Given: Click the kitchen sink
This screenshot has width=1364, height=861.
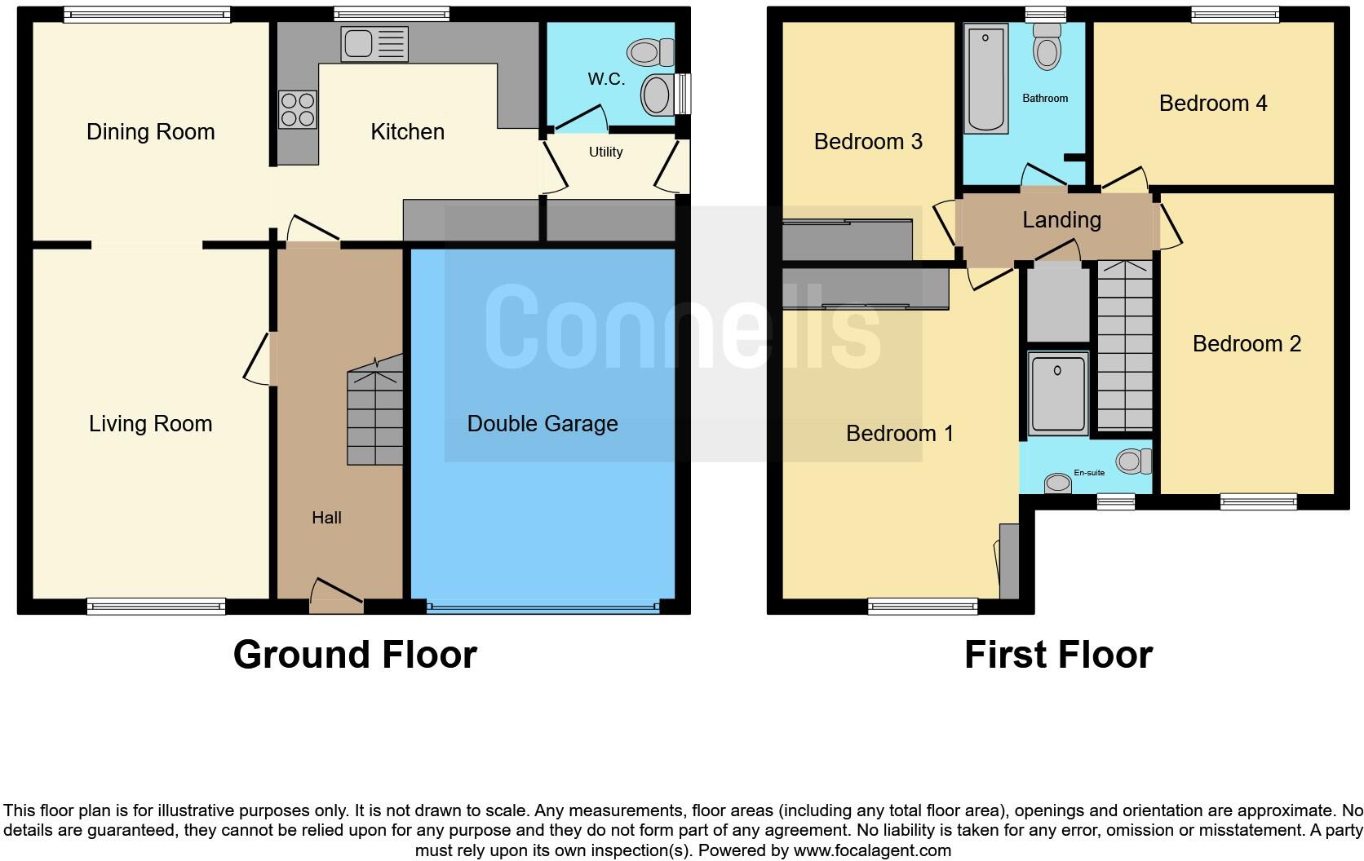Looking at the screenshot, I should coord(375,44).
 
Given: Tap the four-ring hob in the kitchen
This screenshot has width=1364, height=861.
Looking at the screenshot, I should coord(298,110).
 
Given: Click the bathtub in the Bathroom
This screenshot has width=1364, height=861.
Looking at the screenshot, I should coord(986,78).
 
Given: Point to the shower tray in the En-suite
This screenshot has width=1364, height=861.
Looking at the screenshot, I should coord(1058,392).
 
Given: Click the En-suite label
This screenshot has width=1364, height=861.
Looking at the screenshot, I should coord(1089,472).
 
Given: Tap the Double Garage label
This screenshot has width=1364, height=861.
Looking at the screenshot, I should coord(542,423).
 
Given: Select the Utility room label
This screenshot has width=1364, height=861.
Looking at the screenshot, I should coord(605,152).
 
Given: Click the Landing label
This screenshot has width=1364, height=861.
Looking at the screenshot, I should coord(1061,219).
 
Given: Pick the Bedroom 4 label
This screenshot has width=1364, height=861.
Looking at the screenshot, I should coord(1212,103).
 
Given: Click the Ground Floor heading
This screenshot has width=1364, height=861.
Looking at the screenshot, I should coord(355,655).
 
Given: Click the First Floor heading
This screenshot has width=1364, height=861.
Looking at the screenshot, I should coord(1058,655).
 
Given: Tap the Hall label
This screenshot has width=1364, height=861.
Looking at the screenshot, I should coord(326,517).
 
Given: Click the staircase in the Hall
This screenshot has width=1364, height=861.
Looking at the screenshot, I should coord(376,416).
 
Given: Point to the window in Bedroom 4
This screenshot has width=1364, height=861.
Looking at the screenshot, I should coord(1234,14).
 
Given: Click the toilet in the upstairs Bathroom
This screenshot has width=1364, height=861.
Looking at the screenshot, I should coord(1046,48).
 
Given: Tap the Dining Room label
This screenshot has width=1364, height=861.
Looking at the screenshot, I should coord(150,131).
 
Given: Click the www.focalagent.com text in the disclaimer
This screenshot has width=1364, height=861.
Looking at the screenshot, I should coord(872,850).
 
